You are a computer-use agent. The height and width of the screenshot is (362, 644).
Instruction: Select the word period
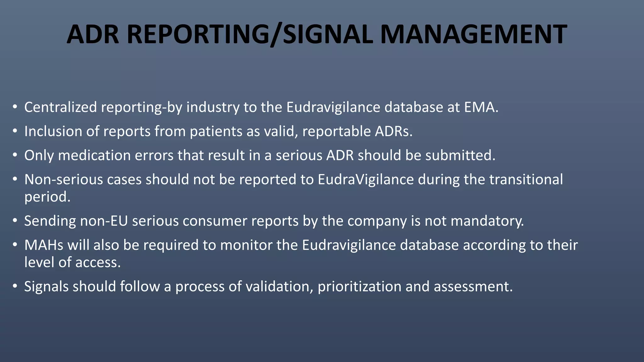click(47, 197)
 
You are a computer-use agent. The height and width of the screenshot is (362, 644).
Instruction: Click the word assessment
click(473, 287)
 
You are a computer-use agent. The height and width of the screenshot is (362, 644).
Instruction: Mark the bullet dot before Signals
click(15, 287)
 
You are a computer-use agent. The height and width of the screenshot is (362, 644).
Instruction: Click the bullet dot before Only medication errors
click(15, 155)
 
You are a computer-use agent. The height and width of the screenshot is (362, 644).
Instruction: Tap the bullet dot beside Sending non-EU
click(15, 221)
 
